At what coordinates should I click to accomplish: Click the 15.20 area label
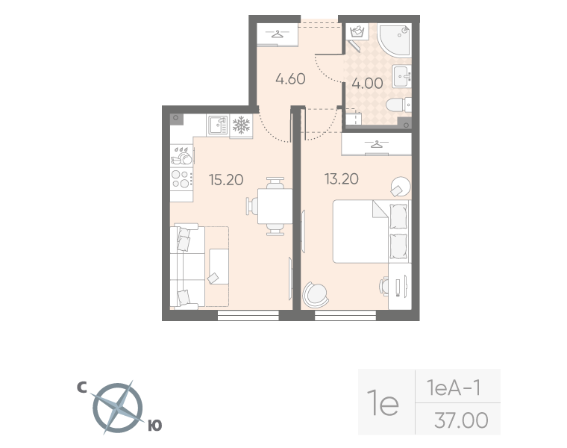tap(226, 179)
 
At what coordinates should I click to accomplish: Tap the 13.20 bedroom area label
tap(342, 178)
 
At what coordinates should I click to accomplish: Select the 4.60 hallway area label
tap(290, 79)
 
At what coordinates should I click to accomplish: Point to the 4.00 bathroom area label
tap(367, 83)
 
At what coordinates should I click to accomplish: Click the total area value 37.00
tap(461, 420)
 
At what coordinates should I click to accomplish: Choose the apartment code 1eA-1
tap(454, 388)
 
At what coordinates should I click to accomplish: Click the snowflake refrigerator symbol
tap(241, 125)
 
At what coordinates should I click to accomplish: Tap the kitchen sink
tap(217, 125)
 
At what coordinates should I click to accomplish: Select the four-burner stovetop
tap(181, 179)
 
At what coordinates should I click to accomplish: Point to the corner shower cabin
tap(395, 40)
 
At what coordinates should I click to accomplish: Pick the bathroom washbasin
tap(401, 76)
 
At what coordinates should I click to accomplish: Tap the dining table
tap(275, 206)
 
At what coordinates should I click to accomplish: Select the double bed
tap(372, 231)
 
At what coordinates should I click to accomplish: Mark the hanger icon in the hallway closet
tap(278, 34)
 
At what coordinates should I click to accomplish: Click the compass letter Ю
tap(155, 426)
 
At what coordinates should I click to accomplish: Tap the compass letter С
tap(82, 388)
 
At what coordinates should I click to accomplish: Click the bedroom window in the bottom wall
tap(345, 315)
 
